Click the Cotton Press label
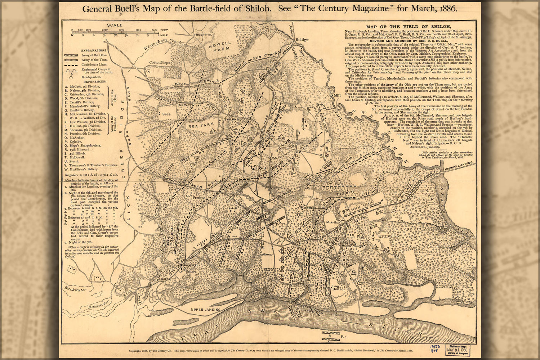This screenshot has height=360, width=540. [160, 62]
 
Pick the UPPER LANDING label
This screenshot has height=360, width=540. [206, 310]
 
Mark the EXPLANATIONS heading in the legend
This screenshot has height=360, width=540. [93, 50]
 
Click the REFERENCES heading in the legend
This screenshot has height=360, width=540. [93, 81]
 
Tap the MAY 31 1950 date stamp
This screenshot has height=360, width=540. [458, 350]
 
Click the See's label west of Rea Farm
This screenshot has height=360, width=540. [166, 113]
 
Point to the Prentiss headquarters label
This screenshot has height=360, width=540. [198, 198]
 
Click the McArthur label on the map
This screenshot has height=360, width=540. [333, 222]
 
